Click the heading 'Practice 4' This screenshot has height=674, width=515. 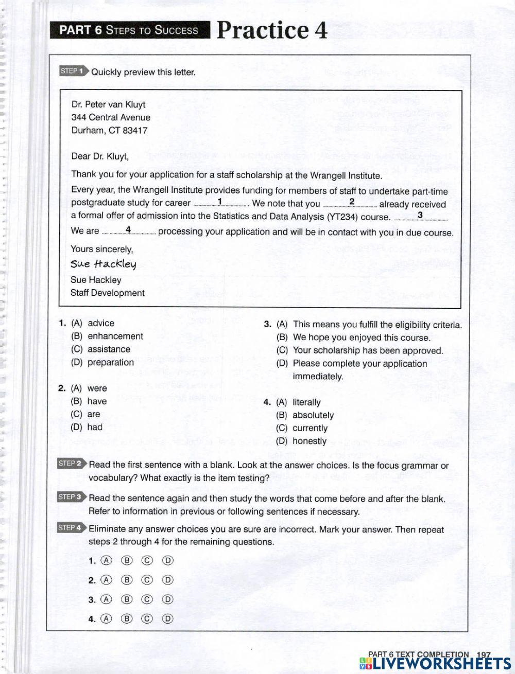tap(272, 30)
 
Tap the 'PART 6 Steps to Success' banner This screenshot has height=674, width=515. tap(129, 30)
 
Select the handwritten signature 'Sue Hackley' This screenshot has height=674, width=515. tap(104, 264)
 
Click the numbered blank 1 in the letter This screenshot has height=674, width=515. tap(220, 202)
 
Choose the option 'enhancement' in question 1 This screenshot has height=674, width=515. tap(115, 336)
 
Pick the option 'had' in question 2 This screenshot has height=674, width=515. tap(95, 427)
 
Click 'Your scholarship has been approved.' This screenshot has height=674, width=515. tap(368, 351)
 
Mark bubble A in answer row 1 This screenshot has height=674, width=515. tap(107, 561)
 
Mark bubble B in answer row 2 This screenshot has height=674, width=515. tap(127, 580)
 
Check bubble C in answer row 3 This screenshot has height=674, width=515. tap(147, 599)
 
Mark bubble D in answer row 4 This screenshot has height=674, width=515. tap(167, 619)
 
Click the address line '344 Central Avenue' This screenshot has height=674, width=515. tap(111, 117)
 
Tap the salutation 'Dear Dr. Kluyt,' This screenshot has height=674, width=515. tap(100, 156)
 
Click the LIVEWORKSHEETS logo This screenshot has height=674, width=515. tap(433, 663)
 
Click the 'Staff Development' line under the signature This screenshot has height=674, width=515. tap(108, 293)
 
